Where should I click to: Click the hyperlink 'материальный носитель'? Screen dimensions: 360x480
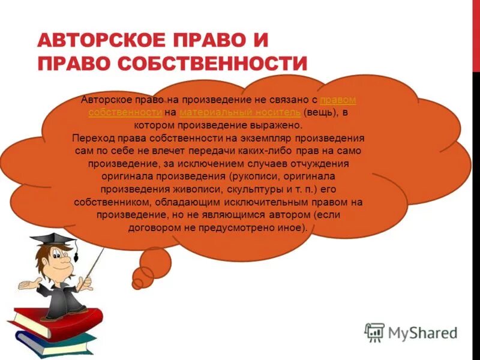(240, 112)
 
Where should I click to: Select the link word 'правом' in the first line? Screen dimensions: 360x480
(338, 99)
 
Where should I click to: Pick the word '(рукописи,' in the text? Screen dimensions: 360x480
(256, 176)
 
